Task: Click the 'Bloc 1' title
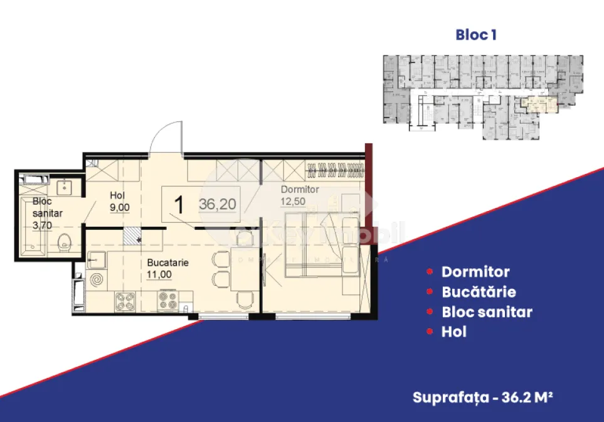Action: click(x=475, y=35)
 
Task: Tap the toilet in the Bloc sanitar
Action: click(x=63, y=242)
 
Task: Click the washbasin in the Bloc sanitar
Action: click(x=64, y=187)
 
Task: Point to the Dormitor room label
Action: click(x=300, y=189)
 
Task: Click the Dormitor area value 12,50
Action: click(x=293, y=202)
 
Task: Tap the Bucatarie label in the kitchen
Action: click(x=167, y=263)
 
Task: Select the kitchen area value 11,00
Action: click(x=160, y=274)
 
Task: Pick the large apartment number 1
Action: click(x=179, y=205)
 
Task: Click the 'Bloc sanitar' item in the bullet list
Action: click(x=487, y=311)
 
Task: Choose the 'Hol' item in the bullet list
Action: click(x=453, y=332)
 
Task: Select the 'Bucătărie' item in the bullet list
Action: click(x=479, y=292)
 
